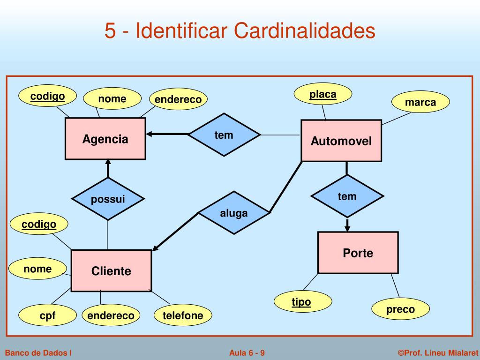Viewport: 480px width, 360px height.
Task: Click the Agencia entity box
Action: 105,139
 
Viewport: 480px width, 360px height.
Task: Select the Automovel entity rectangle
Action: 341,141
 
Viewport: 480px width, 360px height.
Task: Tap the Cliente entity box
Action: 111,270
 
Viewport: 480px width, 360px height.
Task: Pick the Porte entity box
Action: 358,253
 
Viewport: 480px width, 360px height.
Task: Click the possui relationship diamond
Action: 108,199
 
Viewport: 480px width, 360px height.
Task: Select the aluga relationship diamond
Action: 234,213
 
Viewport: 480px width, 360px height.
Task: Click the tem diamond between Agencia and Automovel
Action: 224,135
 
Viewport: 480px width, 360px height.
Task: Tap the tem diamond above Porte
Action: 347,196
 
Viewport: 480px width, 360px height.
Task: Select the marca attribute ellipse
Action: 420,102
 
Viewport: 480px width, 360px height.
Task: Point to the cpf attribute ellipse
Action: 47,315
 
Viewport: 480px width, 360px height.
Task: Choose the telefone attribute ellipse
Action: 183,315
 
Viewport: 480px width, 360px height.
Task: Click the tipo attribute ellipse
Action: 301,302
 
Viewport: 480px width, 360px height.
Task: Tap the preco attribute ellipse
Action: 400,309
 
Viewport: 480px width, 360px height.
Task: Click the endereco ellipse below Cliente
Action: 111,315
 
